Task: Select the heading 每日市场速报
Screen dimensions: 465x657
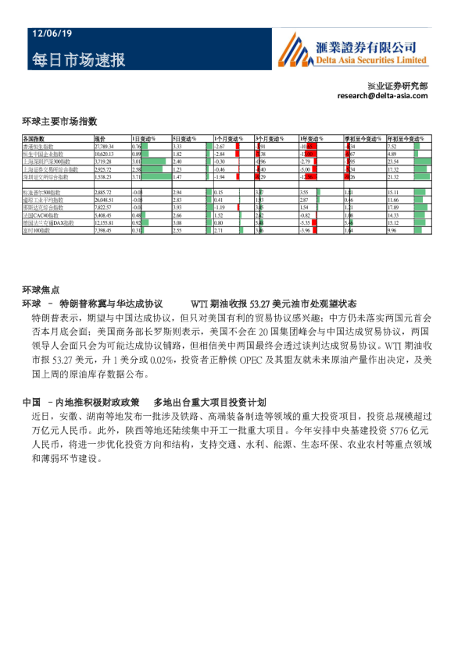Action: point(78,60)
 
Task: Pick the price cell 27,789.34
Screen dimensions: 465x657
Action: point(105,146)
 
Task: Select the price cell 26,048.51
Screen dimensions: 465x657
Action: point(105,200)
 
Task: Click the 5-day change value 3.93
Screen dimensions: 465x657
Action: point(177,208)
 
